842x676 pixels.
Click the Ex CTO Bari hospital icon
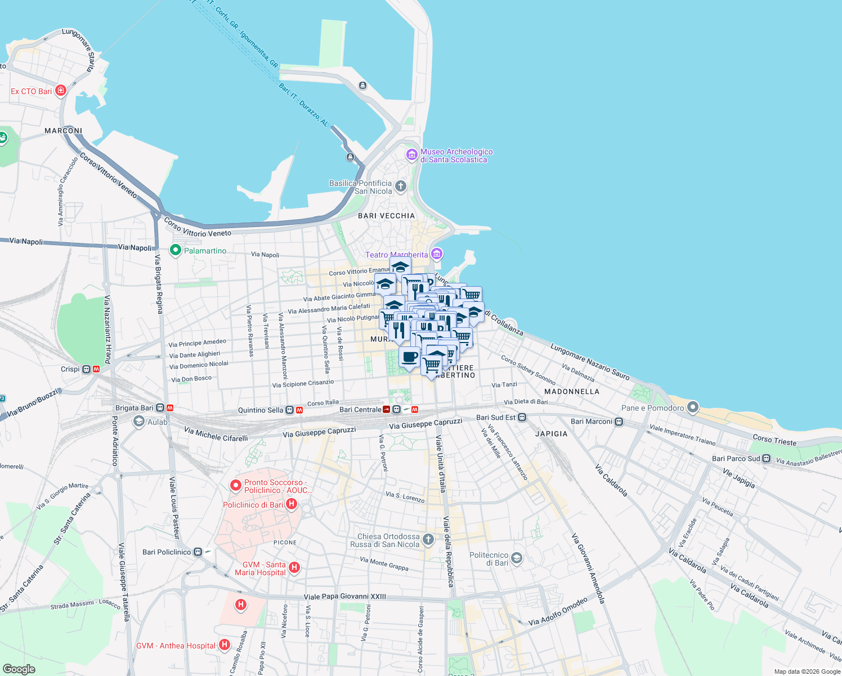tap(61, 91)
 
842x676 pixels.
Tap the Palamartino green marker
tap(175, 250)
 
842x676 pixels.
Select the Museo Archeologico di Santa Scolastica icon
tap(412, 154)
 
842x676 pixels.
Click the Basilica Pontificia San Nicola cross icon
tap(401, 186)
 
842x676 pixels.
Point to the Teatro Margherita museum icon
tap(436, 254)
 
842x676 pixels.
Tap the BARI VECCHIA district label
tap(386, 216)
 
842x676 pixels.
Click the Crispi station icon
tap(86, 370)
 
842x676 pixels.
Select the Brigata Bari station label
tap(135, 408)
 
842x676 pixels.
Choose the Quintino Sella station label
tap(261, 410)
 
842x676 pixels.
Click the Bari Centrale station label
tap(360, 410)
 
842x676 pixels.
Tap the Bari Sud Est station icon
tap(522, 417)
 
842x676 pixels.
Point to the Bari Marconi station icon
tap(619, 421)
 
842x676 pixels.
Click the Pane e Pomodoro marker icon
tap(693, 407)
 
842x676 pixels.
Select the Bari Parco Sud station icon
tap(766, 459)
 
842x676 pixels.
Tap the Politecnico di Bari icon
tap(517, 558)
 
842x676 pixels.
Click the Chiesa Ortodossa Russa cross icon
tap(428, 540)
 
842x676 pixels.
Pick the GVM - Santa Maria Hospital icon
tap(294, 568)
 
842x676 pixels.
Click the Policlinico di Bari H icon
tap(292, 504)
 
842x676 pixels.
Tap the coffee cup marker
tap(410, 357)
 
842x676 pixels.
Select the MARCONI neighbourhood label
tap(63, 131)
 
